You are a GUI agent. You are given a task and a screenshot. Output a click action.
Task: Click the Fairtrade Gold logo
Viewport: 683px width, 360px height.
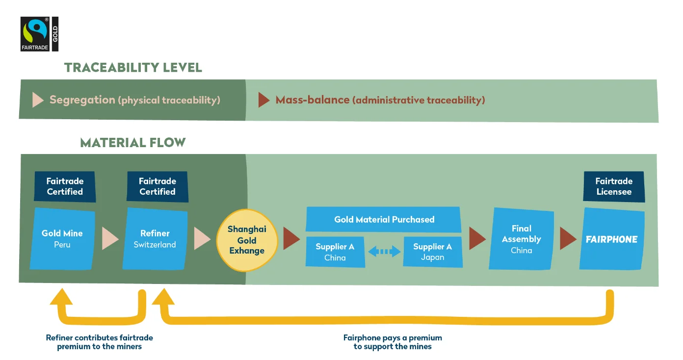tap(39, 34)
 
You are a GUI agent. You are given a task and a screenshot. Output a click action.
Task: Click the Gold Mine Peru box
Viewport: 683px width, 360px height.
tap(62, 238)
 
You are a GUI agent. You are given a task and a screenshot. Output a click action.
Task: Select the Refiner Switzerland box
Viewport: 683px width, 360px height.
tap(155, 238)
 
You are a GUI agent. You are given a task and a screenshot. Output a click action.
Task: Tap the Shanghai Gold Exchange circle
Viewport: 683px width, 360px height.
tap(247, 240)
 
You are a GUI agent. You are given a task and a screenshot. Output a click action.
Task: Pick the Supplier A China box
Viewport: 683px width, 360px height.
tap(335, 252)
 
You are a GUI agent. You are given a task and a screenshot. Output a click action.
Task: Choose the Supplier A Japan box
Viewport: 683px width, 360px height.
tap(433, 252)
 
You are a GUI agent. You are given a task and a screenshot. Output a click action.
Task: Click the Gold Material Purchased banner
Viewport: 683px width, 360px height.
tap(384, 219)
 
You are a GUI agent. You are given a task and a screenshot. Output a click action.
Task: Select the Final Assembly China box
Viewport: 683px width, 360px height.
tap(522, 239)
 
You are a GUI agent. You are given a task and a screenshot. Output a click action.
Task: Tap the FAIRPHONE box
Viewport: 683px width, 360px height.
tap(612, 239)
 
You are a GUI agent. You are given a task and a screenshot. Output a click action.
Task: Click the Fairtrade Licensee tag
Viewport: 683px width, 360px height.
tap(614, 186)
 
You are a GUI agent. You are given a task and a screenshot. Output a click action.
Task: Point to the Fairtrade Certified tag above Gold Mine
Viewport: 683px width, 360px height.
tap(65, 186)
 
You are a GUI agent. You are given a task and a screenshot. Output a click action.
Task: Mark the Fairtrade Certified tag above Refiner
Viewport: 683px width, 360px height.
tap(158, 186)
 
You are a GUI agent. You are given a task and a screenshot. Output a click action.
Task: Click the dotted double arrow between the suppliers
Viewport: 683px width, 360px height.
tap(384, 252)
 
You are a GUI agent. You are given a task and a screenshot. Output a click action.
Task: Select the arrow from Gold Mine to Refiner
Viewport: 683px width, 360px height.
tap(110, 239)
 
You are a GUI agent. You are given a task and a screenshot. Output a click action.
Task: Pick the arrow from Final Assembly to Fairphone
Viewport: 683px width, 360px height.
tap(568, 239)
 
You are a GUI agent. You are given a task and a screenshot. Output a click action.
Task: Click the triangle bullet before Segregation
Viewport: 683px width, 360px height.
tap(38, 100)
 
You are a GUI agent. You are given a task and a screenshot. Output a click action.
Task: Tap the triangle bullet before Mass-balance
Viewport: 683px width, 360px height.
tap(264, 100)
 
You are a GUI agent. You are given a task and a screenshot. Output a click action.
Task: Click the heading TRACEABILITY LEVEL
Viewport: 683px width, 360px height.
tap(133, 68)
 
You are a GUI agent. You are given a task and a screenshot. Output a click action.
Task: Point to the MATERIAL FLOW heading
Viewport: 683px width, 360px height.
tap(133, 143)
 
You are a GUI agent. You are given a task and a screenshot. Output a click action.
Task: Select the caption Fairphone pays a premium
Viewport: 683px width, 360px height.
tap(393, 342)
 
